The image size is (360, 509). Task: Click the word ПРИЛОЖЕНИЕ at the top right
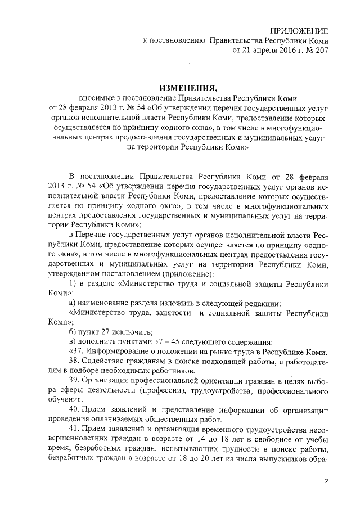[300, 30]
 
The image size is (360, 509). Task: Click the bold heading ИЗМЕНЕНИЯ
[188, 88]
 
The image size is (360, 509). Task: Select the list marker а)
[72, 304]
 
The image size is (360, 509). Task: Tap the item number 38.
[73, 361]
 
